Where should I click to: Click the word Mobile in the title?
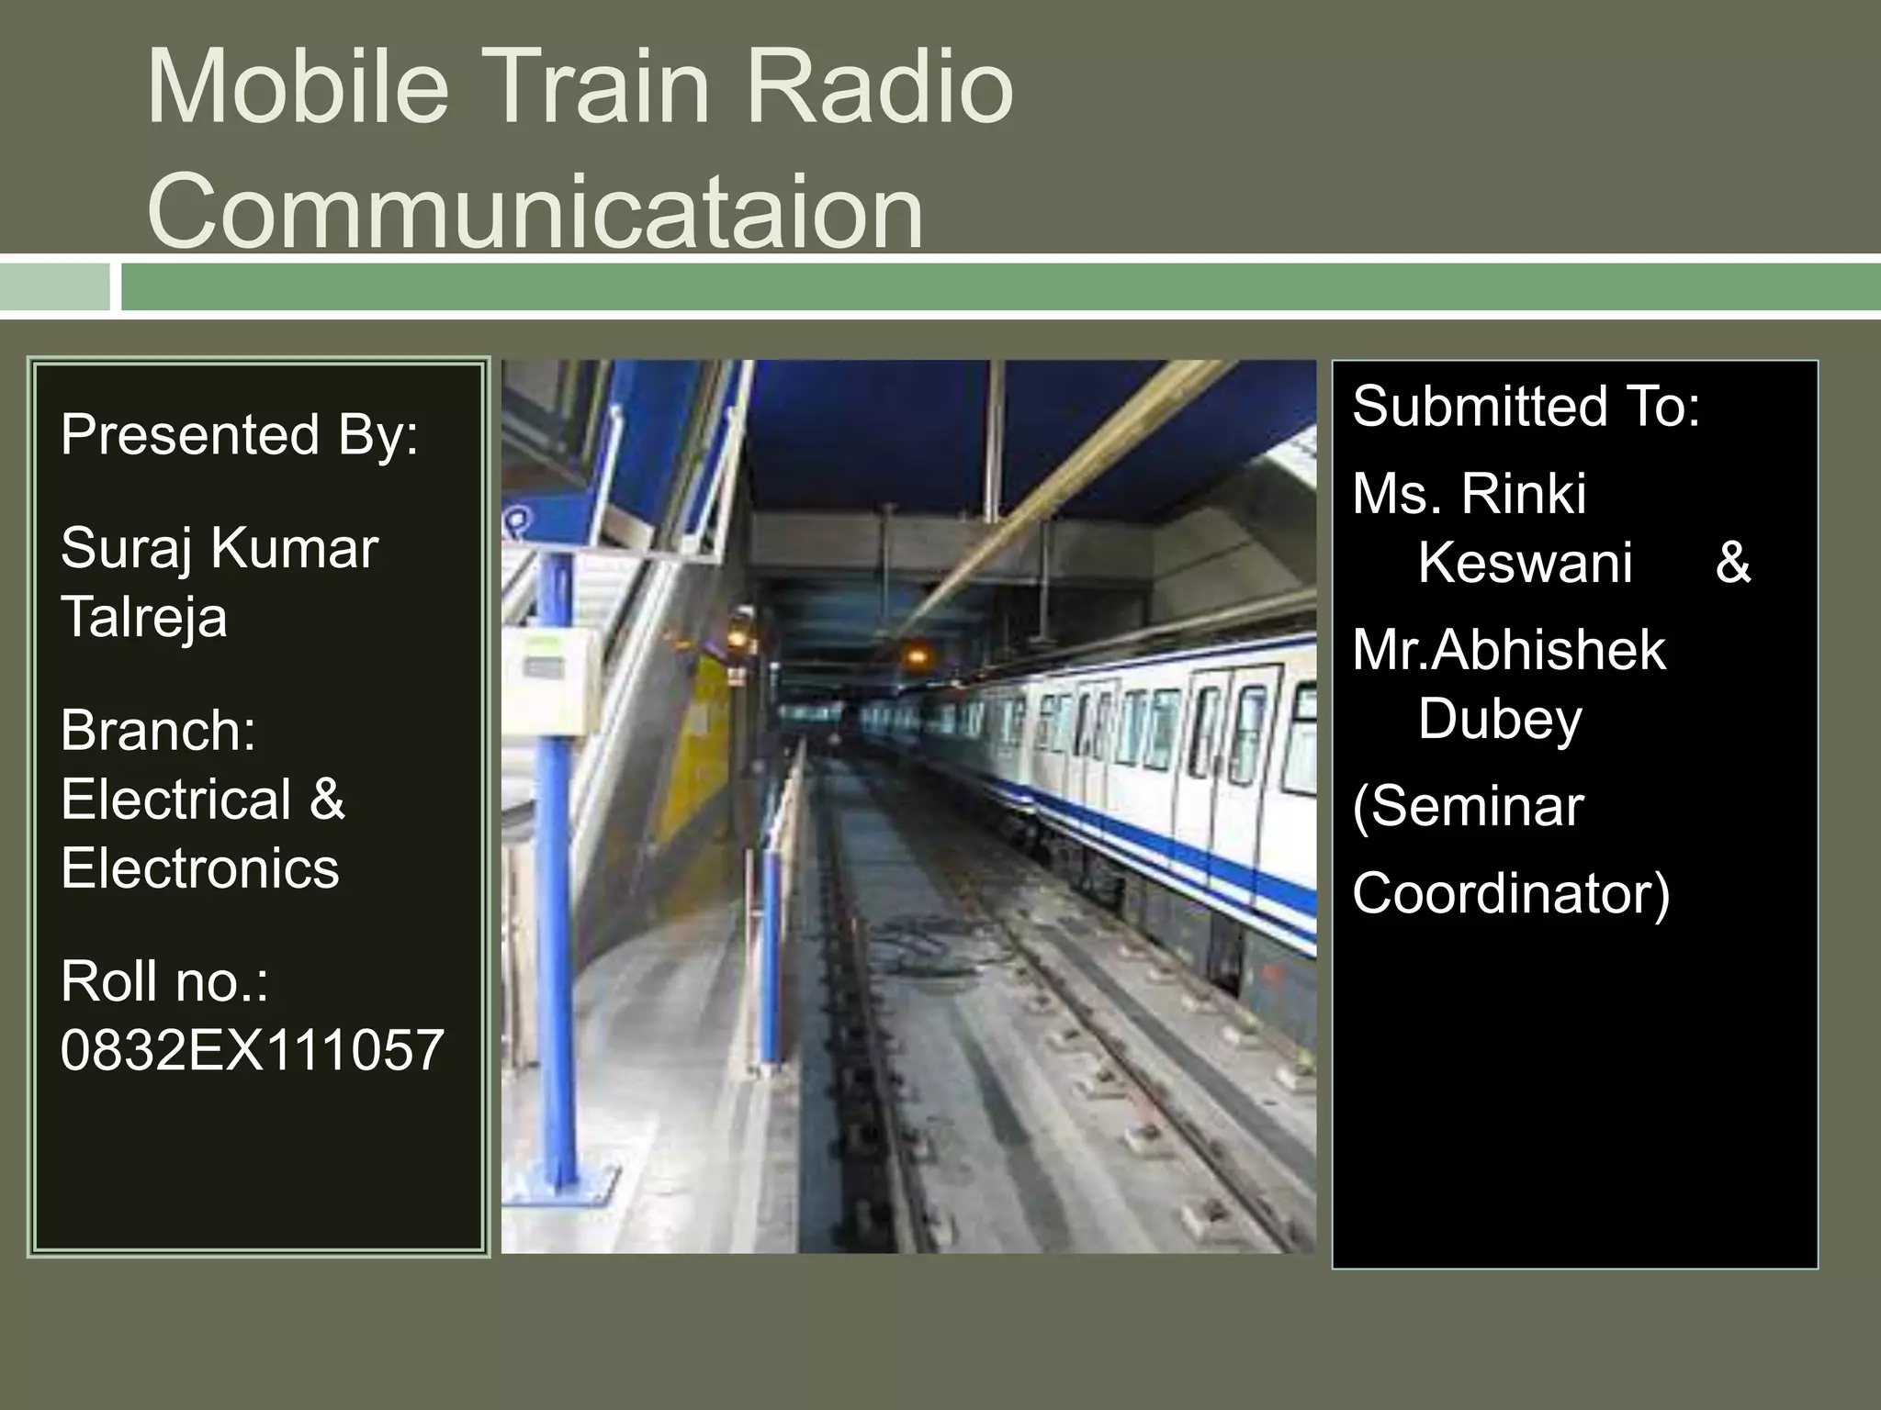click(x=298, y=88)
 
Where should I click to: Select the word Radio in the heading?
click(x=879, y=88)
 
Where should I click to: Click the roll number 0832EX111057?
click(x=252, y=1050)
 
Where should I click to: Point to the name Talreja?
click(x=144, y=616)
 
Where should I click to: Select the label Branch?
click(x=158, y=731)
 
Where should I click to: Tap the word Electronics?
click(x=199, y=867)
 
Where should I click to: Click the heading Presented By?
click(x=239, y=434)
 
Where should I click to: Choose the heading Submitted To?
click(x=1526, y=407)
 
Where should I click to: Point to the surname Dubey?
click(x=1499, y=719)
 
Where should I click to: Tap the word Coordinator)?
click(x=1511, y=893)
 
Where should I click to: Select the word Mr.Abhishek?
click(x=1508, y=651)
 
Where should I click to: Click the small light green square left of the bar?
click(x=54, y=287)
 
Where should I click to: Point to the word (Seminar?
click(x=1468, y=807)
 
